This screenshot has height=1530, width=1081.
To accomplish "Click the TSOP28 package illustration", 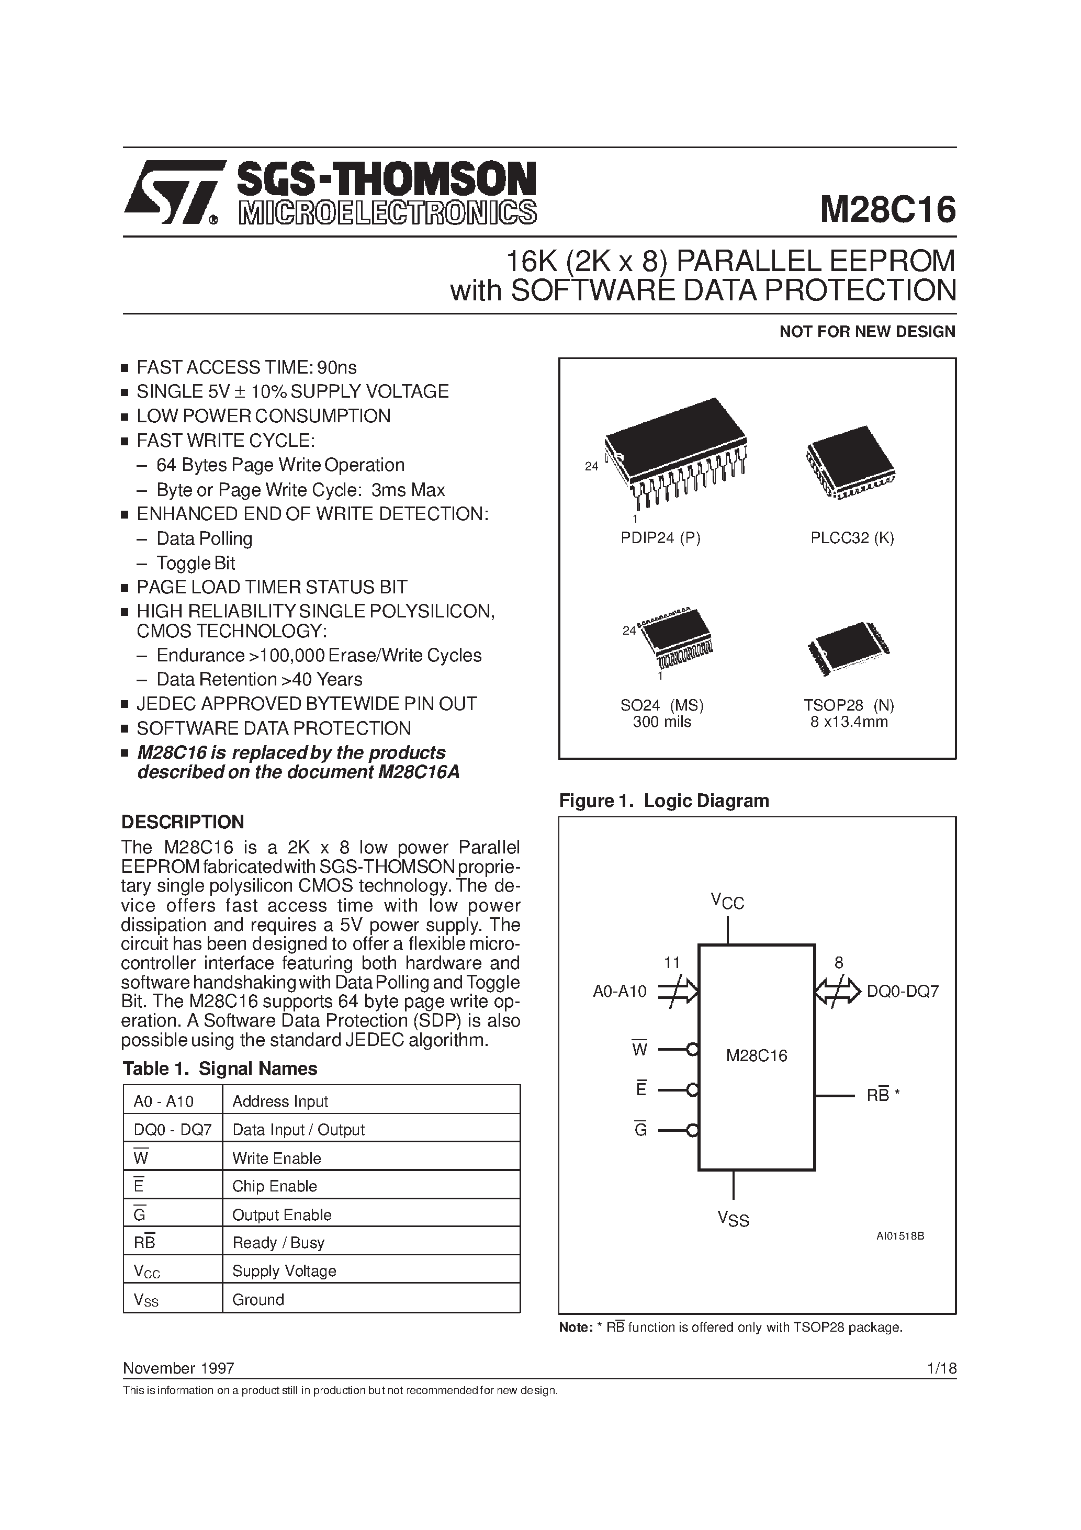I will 848,648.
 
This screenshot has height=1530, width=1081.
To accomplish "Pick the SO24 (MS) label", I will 661,705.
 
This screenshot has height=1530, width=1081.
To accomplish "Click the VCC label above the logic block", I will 727,902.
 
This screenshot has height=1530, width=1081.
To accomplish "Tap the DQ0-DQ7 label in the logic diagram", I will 903,991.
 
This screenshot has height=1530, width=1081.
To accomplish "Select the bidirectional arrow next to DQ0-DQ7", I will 837,992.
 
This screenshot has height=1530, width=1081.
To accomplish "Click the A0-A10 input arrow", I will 678,992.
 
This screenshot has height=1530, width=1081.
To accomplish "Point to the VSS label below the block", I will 733,1219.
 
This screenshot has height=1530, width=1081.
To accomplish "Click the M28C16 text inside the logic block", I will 756,1055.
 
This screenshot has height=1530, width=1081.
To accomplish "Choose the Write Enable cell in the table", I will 277,1158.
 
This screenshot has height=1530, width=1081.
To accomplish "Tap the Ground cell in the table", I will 258,1299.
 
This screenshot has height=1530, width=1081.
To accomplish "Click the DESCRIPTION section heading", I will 183,821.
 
